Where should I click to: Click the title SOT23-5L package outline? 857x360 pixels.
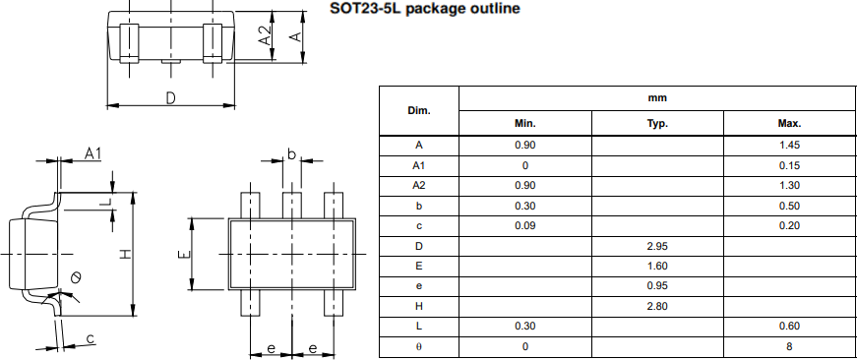click(425, 9)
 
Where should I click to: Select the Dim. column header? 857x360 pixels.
click(419, 110)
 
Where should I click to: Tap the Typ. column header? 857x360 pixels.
click(657, 123)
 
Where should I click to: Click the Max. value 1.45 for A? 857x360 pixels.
click(789, 146)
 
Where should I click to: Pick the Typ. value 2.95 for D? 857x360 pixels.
click(657, 245)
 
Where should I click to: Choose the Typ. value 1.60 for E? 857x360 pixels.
click(657, 266)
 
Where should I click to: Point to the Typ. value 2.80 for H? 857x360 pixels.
click(657, 306)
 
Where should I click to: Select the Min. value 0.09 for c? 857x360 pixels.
click(524, 225)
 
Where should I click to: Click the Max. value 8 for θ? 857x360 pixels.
click(789, 346)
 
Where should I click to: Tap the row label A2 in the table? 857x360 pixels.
click(419, 185)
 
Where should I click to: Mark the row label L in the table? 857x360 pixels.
click(419, 326)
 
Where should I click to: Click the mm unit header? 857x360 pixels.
click(657, 98)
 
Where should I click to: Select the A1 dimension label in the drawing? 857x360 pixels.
click(92, 153)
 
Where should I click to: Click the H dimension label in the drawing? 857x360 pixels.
click(125, 255)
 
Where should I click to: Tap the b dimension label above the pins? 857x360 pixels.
click(291, 154)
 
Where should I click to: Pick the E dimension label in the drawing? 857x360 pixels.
click(182, 255)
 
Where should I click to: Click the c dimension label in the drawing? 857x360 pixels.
click(91, 339)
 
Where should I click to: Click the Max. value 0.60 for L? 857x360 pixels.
click(789, 326)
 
